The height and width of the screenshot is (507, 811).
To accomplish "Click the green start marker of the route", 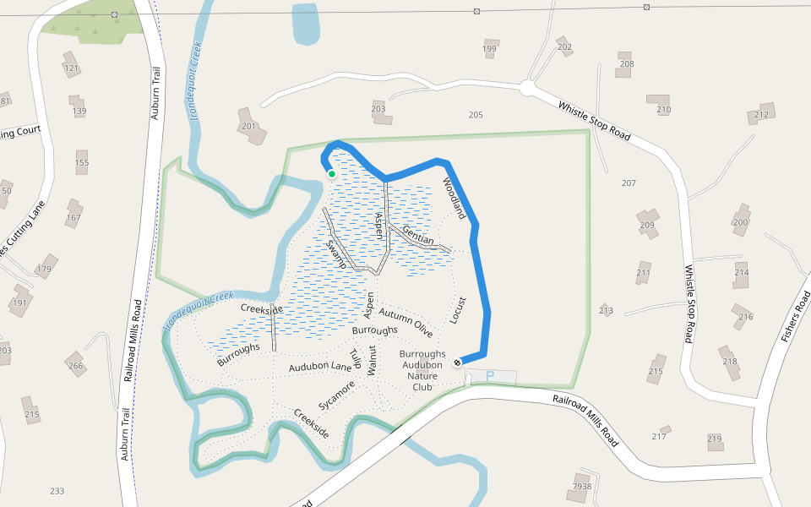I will click(332, 174).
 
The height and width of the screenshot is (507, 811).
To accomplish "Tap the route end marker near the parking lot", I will click(457, 363).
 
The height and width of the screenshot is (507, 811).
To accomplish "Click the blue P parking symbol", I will click(489, 376).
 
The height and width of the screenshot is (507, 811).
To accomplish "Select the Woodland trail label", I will click(453, 199).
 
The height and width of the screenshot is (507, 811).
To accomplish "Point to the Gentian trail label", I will click(417, 236).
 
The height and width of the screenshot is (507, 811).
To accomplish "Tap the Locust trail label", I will click(458, 310).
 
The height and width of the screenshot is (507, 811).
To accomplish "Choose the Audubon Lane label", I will click(320, 368).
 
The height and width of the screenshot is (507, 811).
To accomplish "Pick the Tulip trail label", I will click(356, 359).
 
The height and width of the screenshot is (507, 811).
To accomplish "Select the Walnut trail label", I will click(371, 361).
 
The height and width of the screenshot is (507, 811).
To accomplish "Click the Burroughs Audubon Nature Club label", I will click(422, 370).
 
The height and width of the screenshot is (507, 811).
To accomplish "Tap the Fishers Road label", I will click(796, 315).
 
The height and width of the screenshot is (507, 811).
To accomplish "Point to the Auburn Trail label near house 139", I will click(155, 95).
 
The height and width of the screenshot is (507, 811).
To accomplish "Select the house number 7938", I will click(582, 486).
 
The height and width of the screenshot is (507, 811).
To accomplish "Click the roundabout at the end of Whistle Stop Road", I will click(528, 87).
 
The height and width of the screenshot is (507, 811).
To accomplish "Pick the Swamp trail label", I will click(337, 254).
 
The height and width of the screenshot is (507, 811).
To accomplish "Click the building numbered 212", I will click(764, 113).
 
